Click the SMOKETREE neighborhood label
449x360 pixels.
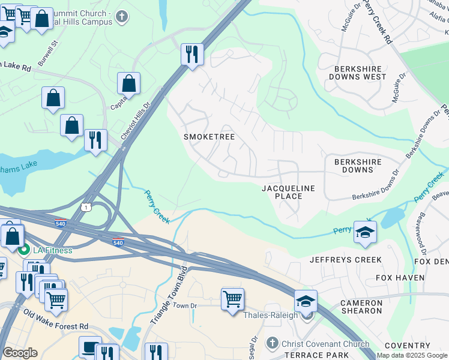pyautogui.click(x=209, y=137)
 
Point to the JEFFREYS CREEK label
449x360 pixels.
pyautogui.click(x=345, y=260)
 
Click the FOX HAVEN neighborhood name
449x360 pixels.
pyautogui.click(x=400, y=278)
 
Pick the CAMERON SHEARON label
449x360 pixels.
pyautogui.click(x=361, y=307)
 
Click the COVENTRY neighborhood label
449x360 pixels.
pyautogui.click(x=408, y=346)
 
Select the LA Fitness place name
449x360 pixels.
pyautogui.click(x=52, y=250)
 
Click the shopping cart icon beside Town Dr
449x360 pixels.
pyautogui.click(x=232, y=298)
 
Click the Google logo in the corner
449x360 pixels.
pyautogui.click(x=20, y=353)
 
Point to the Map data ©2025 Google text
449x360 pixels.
pyautogui.click(x=412, y=355)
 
